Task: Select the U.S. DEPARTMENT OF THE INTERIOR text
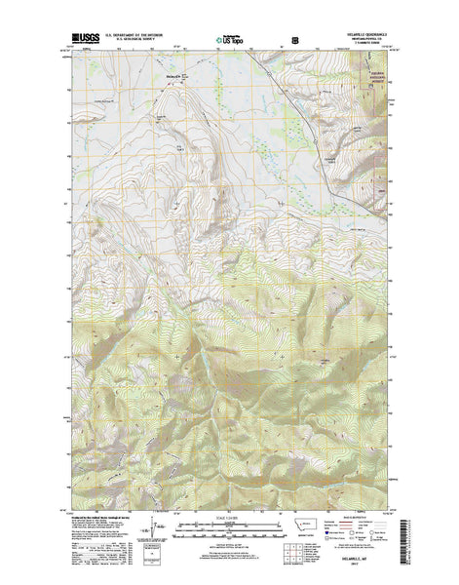click(x=122, y=38)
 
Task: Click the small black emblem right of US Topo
click(x=295, y=42)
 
